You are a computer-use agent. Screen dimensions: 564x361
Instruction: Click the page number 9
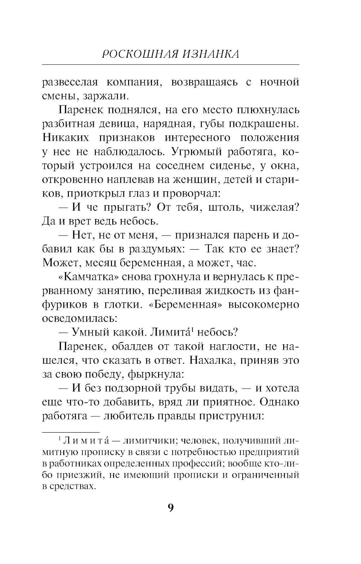click(x=171, y=508)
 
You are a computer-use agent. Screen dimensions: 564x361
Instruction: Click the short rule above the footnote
click(x=71, y=432)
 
